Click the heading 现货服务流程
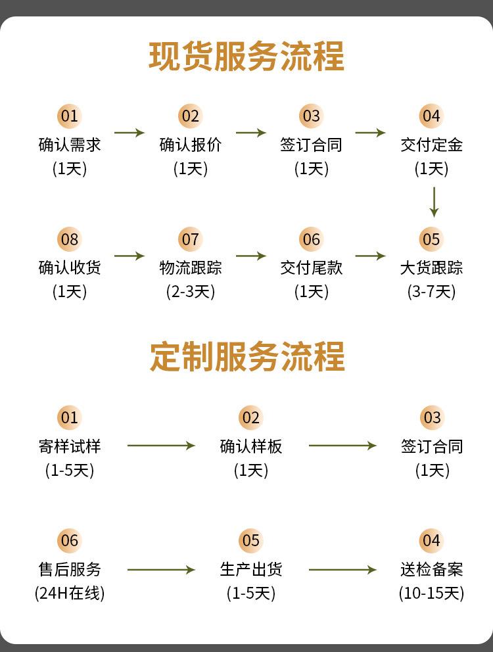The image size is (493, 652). coord(246,56)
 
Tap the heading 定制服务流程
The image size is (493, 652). coord(247,356)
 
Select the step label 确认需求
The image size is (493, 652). coord(70,145)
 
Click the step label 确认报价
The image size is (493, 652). coord(190,145)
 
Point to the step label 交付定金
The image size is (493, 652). coord(431,145)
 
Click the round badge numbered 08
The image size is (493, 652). coord(70,239)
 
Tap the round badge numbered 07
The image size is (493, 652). coord(190,239)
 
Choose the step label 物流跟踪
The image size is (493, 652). coord(190,268)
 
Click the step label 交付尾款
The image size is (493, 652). coord(311,268)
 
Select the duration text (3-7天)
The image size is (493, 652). coord(431,291)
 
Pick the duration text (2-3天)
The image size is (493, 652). coord(190,291)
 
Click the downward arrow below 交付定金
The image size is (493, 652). coord(434,202)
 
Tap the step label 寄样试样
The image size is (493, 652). coord(70,446)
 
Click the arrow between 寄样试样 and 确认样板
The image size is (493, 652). coord(161,446)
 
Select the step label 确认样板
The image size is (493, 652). coord(251,446)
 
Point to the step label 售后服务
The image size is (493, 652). coord(70,569)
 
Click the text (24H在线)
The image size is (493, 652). coord(70,593)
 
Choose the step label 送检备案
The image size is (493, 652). coord(431,569)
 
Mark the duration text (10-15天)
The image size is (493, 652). coord(431,593)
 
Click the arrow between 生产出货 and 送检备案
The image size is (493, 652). coord(342,570)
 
